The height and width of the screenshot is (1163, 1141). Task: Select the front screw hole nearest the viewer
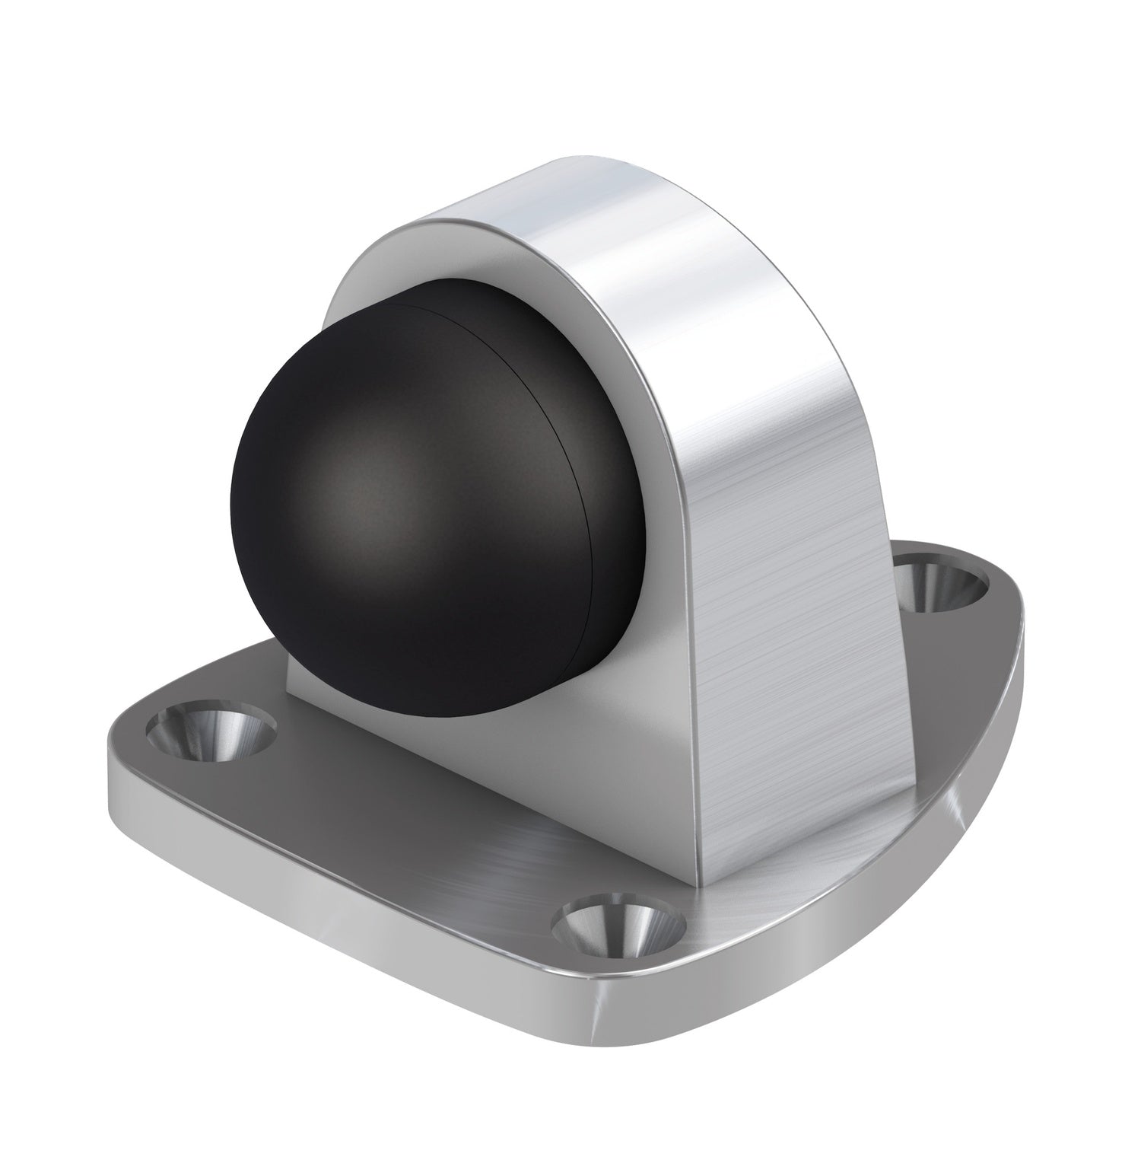coord(618,923)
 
